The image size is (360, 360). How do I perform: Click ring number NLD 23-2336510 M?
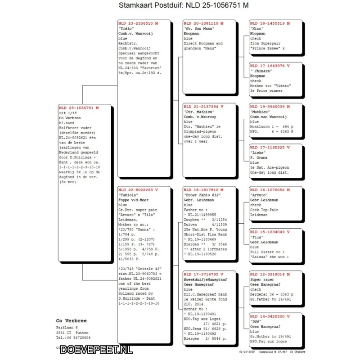[x=138, y=23]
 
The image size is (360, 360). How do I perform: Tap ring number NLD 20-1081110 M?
[x=203, y=23]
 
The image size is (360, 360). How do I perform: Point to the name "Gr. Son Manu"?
[x=198, y=28]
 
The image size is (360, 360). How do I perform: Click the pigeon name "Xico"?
[x=257, y=28]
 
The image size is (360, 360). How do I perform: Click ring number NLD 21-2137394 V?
[x=203, y=106]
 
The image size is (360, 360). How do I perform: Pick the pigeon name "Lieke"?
[x=258, y=153]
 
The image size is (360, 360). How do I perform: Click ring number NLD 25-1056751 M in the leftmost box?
[x=78, y=108]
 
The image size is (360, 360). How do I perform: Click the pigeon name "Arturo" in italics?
[x=260, y=195]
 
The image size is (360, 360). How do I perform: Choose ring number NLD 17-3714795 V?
[x=203, y=274]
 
